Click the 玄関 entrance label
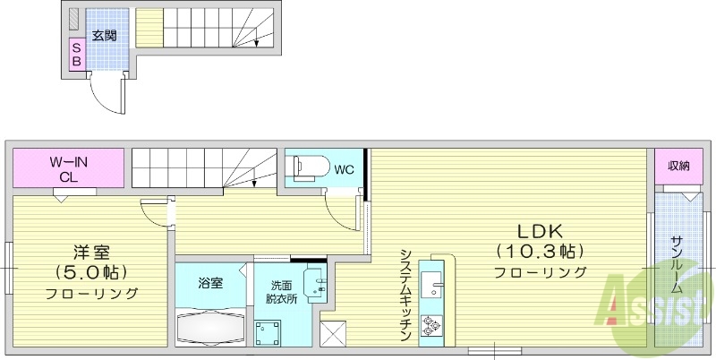pyautogui.click(x=105, y=36)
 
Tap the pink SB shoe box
pyautogui.click(x=76, y=55)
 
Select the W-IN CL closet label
pyautogui.click(x=68, y=169)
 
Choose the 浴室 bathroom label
pyautogui.click(x=211, y=282)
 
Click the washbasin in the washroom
pyautogui.click(x=318, y=285)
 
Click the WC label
pyautogui.click(x=345, y=168)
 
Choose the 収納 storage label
pyautogui.click(x=678, y=166)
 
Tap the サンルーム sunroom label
pyautogui.click(x=678, y=264)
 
